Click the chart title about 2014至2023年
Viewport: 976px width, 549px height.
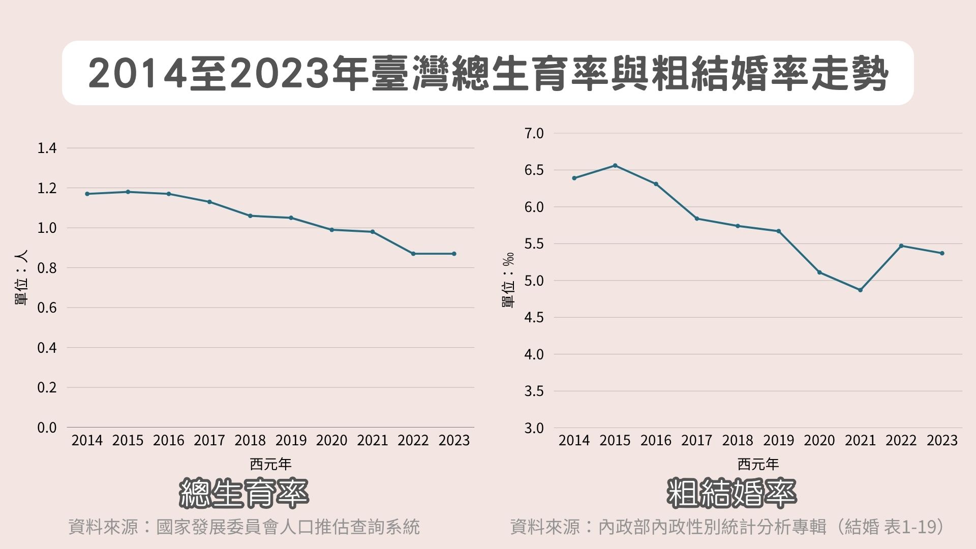[488, 74]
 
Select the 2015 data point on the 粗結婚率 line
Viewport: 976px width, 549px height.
[615, 165]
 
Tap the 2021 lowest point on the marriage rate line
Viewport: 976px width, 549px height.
[860, 290]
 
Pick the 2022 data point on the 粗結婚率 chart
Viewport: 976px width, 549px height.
[901, 246]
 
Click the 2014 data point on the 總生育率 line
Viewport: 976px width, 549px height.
[87, 194]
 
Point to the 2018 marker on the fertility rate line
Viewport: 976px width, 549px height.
[250, 216]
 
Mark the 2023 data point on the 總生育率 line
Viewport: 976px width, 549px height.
[454, 254]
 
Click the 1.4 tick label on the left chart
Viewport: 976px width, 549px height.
[47, 148]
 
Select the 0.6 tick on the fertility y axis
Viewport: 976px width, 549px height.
[47, 308]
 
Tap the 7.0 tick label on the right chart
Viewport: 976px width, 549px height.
[534, 133]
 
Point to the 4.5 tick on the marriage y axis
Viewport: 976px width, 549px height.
[534, 317]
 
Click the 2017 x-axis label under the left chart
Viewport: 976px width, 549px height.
[209, 440]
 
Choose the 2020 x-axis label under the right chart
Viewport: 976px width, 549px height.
[819, 440]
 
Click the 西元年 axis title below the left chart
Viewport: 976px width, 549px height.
[270, 464]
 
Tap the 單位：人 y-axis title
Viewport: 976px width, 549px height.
[21, 277]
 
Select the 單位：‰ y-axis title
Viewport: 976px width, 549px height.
[508, 280]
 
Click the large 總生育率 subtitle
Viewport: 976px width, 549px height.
[244, 493]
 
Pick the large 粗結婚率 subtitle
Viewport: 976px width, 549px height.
[731, 493]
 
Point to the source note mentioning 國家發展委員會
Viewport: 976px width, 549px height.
[244, 527]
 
